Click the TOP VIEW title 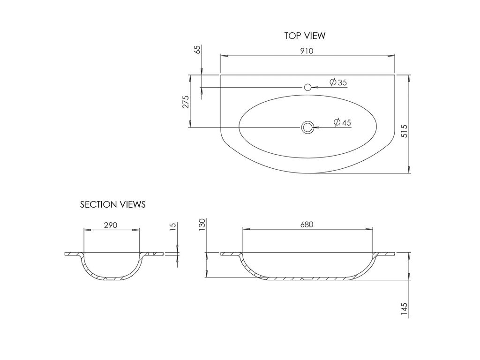pyautogui.click(x=305, y=36)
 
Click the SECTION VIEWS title pyautogui.click(x=112, y=204)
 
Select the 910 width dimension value pyautogui.click(x=307, y=51)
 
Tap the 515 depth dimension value pyautogui.click(x=405, y=131)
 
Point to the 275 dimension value pyautogui.click(x=186, y=102)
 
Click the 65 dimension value pyautogui.click(x=198, y=50)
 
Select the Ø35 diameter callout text pyautogui.click(x=338, y=82)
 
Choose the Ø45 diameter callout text pyautogui.click(x=342, y=122)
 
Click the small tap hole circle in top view pyautogui.click(x=307, y=87)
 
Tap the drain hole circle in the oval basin pyautogui.click(x=307, y=127)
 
